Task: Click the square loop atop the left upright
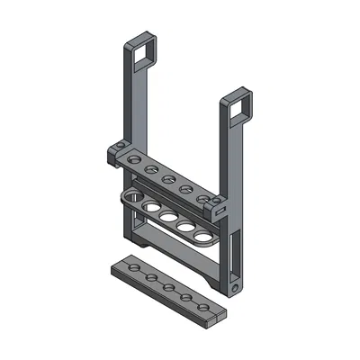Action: click(145, 50)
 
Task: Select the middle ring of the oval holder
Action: click(170, 217)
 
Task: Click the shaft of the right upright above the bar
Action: click(225, 153)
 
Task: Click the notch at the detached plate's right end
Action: click(213, 314)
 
